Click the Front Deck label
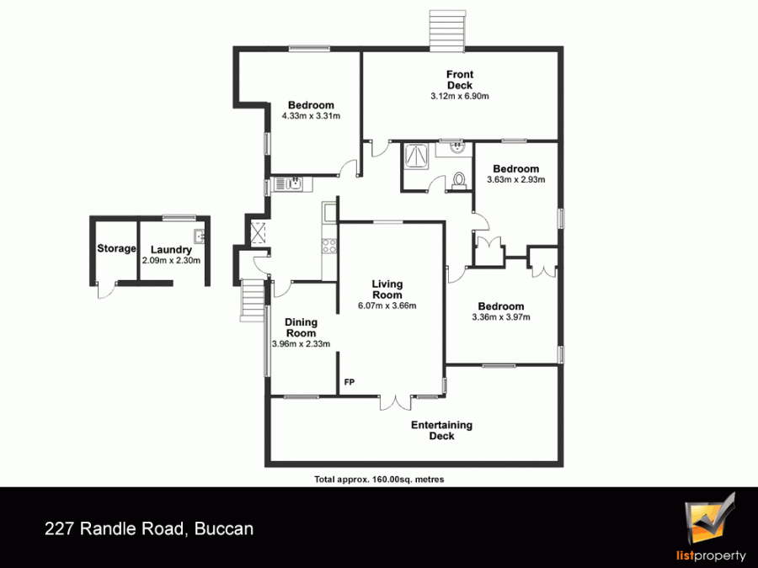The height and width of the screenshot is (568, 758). point(460,80)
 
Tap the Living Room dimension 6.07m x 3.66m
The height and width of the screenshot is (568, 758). point(387,305)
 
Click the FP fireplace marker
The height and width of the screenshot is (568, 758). point(349,382)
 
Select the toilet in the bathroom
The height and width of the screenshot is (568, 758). point(458,180)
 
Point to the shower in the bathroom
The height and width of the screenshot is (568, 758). point(416,156)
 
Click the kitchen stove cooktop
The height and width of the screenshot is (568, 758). point(329,247)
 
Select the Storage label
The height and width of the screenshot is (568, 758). point(116,248)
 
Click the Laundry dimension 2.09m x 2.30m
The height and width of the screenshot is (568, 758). point(171,260)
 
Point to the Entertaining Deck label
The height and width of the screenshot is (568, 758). point(441,430)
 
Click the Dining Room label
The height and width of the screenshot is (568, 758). point(301,327)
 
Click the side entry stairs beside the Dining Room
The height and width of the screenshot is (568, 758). point(253,300)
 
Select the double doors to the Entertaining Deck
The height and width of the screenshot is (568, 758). point(396,402)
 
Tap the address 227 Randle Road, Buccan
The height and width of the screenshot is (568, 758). point(149,529)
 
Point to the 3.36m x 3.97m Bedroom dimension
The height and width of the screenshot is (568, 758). point(501,317)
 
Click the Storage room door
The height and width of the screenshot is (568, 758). point(107,289)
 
